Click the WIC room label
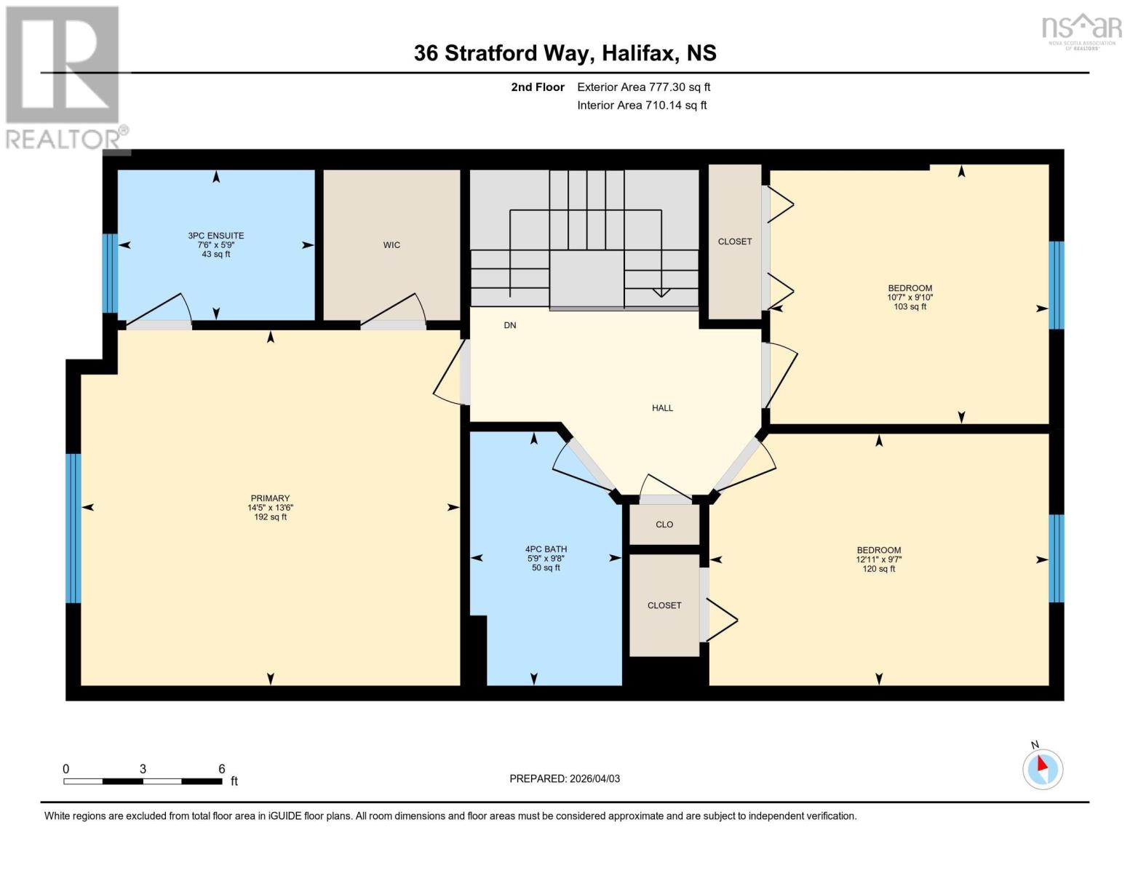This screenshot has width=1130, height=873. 391,245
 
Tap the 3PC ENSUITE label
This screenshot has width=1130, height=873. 216,236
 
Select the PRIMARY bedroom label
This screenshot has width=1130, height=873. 270,498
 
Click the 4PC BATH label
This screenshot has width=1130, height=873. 546,549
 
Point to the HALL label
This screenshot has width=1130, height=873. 662,408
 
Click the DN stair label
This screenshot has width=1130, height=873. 510,325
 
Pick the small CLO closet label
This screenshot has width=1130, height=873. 664,525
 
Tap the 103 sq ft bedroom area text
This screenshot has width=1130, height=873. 910,307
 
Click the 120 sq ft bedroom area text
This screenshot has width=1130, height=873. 878,569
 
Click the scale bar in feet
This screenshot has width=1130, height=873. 143,781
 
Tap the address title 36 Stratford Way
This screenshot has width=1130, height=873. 565,53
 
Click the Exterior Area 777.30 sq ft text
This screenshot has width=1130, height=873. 643,87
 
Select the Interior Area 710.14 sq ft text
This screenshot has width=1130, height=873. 642,105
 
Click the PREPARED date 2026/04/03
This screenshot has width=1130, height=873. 565,778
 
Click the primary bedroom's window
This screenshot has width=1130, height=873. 73,529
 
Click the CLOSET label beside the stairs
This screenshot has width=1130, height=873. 735,242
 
